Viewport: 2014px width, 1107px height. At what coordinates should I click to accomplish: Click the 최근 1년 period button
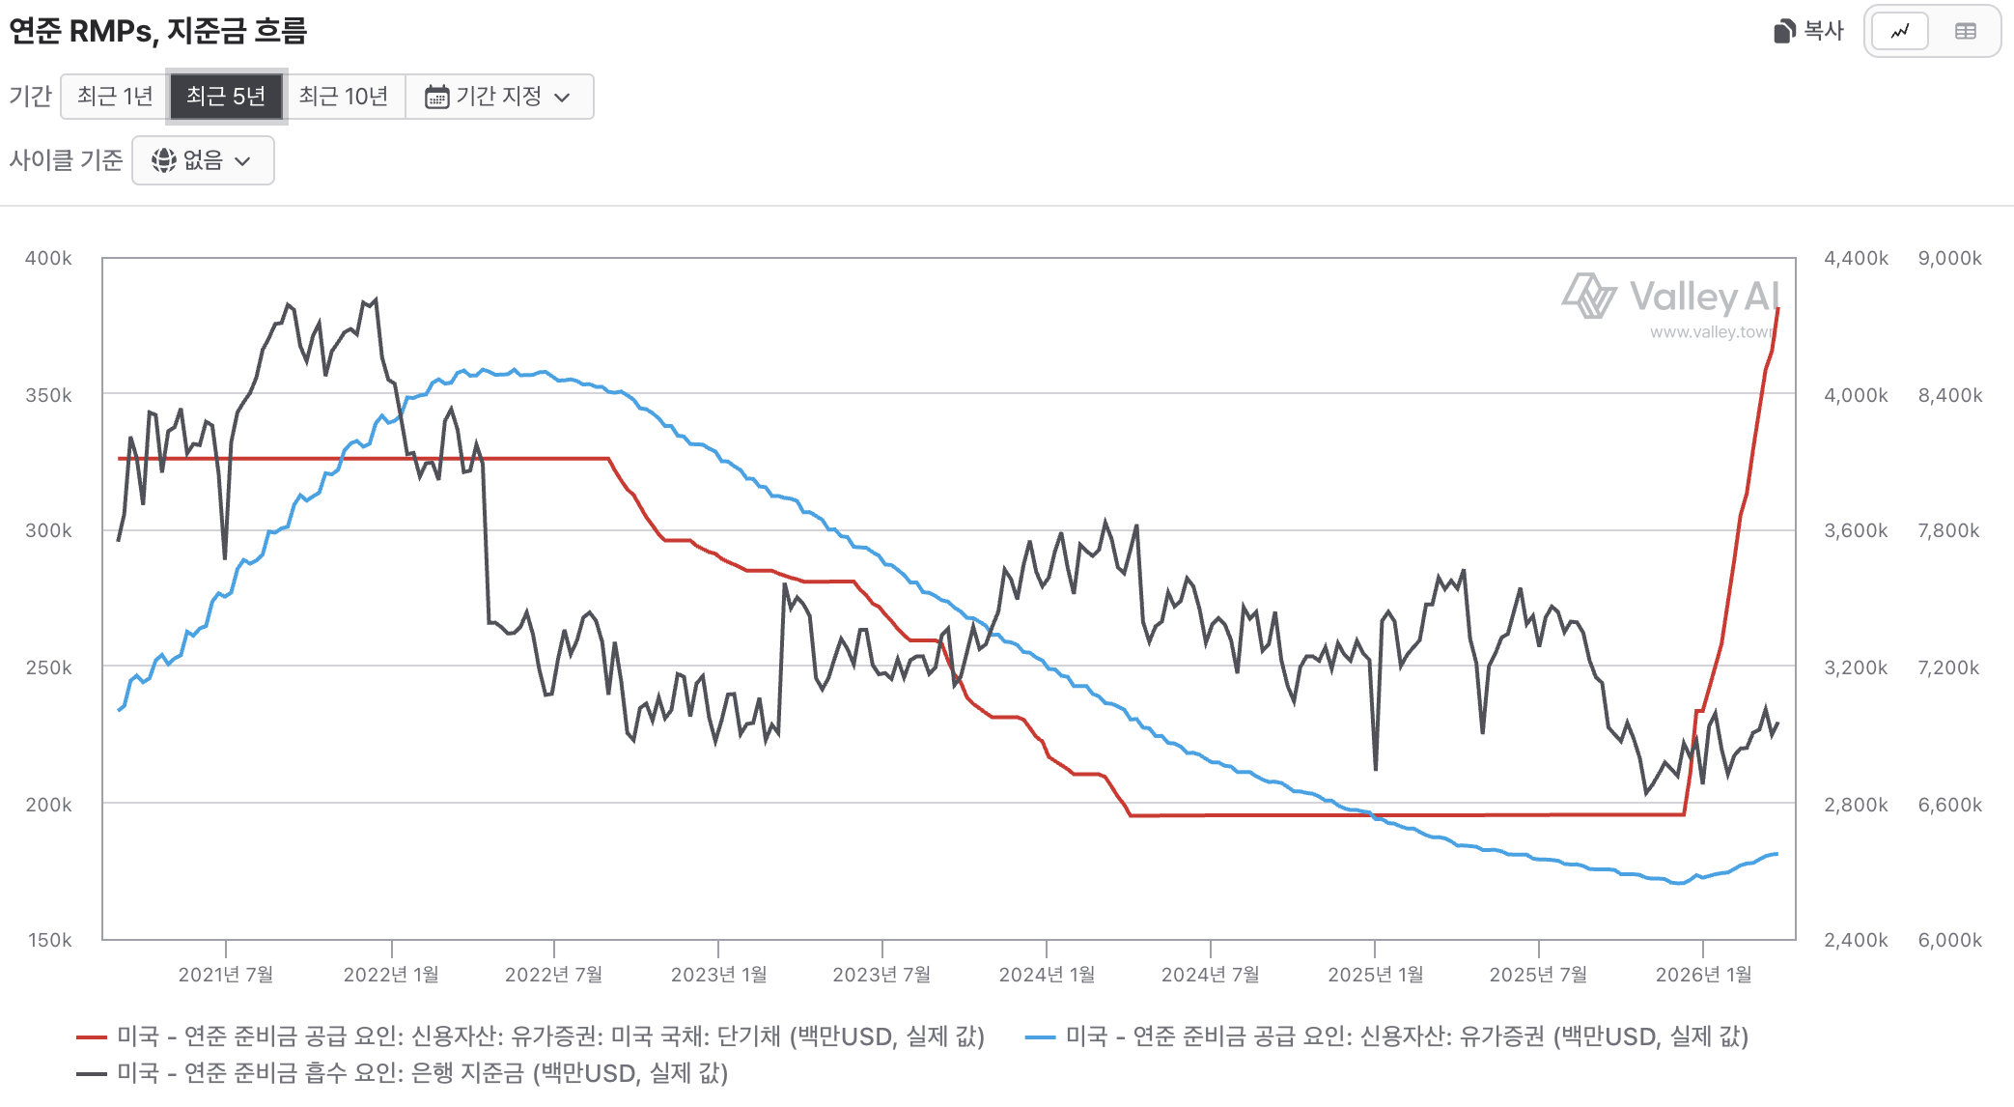(x=115, y=97)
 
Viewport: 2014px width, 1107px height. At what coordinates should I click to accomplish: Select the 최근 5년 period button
(x=226, y=97)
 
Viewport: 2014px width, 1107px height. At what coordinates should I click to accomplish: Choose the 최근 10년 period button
(x=343, y=97)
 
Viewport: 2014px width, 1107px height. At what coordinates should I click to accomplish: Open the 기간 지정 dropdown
(x=498, y=97)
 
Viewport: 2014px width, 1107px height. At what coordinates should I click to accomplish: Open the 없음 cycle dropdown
(x=203, y=160)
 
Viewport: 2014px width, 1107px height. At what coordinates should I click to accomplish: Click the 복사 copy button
(x=1809, y=31)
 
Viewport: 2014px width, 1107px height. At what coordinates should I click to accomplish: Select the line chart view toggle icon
(x=1899, y=31)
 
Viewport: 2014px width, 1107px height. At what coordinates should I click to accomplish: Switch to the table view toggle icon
(x=1965, y=31)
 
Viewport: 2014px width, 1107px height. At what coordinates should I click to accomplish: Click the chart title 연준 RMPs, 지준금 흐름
(x=158, y=31)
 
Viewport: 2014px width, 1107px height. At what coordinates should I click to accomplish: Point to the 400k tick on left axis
(x=48, y=258)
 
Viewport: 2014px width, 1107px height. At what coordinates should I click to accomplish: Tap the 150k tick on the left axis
(x=49, y=940)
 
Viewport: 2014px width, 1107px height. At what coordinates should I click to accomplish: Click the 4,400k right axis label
(x=1856, y=258)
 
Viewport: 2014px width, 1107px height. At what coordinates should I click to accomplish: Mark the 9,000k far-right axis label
(x=1949, y=258)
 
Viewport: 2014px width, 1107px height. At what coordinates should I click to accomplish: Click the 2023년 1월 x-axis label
(x=718, y=974)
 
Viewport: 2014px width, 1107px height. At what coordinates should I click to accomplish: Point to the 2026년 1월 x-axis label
(x=1703, y=974)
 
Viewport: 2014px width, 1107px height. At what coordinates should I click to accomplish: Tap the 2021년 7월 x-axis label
(x=226, y=974)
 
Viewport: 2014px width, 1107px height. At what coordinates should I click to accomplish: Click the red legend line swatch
(x=92, y=1036)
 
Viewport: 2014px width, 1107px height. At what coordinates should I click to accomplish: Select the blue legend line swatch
(x=1040, y=1036)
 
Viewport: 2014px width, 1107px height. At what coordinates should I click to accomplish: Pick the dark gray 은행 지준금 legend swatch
(x=92, y=1073)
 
